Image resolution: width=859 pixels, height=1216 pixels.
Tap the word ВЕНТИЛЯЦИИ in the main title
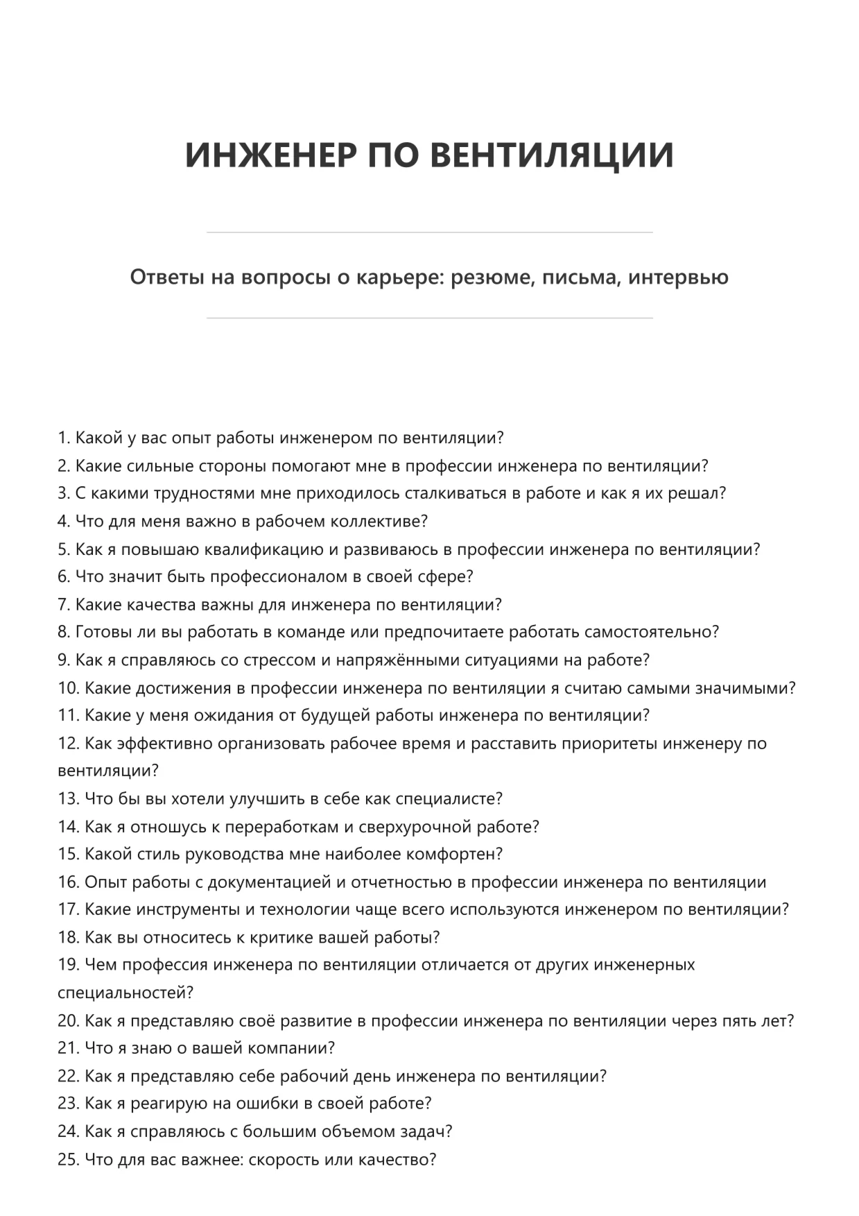point(552,154)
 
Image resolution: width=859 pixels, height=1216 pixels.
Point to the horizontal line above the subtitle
point(429,232)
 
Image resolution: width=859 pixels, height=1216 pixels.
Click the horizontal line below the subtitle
point(429,318)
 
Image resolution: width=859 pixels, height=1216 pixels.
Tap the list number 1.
point(63,438)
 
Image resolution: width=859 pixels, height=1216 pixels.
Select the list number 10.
point(67,688)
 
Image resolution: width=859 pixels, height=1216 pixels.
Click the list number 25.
point(68,1159)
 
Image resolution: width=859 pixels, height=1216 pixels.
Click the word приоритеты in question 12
point(609,744)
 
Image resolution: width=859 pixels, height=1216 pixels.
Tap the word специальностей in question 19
point(124,993)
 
